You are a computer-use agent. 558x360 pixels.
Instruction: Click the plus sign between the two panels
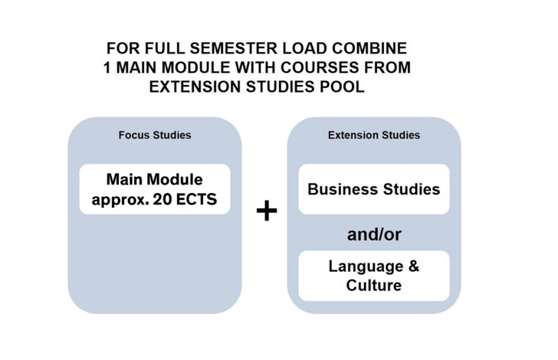pyautogui.click(x=267, y=211)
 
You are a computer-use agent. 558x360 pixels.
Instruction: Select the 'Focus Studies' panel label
pyautogui.click(x=155, y=135)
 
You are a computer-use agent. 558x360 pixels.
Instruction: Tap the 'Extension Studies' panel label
pyautogui.click(x=374, y=135)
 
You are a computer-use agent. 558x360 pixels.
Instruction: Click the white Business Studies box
pyautogui.click(x=374, y=189)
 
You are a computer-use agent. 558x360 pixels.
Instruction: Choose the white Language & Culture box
pyautogui.click(x=374, y=276)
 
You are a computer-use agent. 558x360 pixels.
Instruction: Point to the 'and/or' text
pyautogui.click(x=374, y=234)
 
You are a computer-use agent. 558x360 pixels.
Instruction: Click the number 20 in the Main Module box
pyautogui.click(x=162, y=199)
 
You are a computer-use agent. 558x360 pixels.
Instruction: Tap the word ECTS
pyautogui.click(x=196, y=199)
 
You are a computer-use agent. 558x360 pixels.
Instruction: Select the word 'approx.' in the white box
pyautogui.click(x=120, y=200)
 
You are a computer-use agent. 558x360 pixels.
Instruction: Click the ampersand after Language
pyautogui.click(x=414, y=266)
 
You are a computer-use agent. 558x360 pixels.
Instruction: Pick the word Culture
pyautogui.click(x=374, y=285)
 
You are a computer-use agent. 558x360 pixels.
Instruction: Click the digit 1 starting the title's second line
pyautogui.click(x=107, y=67)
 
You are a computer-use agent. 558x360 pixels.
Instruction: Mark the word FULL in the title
pyautogui.click(x=165, y=48)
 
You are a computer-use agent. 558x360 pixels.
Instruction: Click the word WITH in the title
pyautogui.click(x=255, y=67)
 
